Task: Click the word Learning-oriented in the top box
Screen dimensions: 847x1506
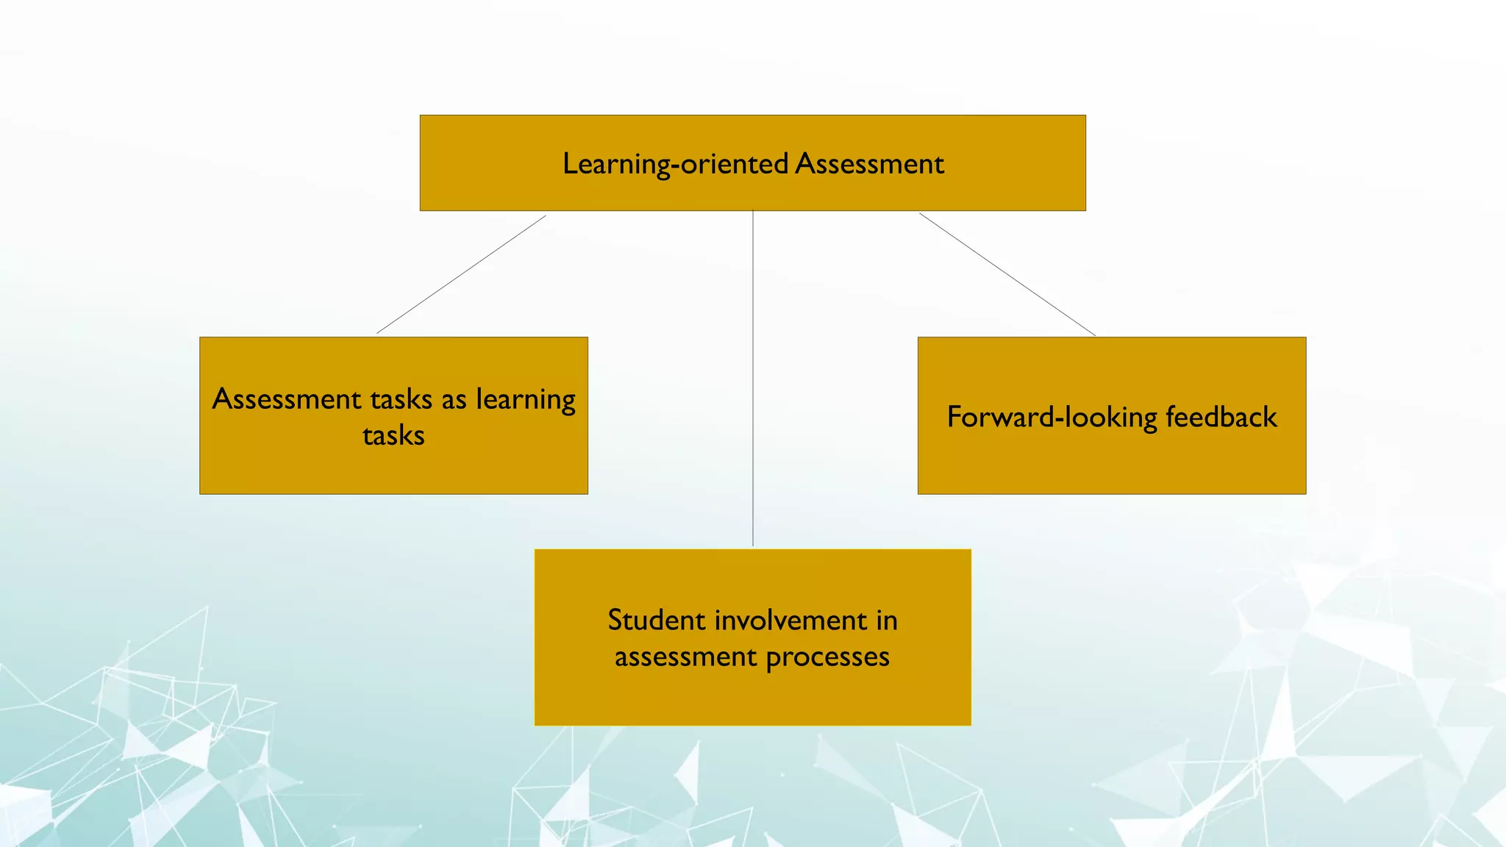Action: (675, 164)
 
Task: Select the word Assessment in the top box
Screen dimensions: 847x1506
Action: (869, 164)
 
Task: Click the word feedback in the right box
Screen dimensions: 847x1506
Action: (1221, 418)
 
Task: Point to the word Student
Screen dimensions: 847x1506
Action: (657, 621)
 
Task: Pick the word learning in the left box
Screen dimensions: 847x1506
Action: (526, 400)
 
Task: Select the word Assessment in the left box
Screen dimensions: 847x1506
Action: (287, 399)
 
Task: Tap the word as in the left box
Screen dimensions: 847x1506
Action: (454, 400)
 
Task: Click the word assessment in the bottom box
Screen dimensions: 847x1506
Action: (685, 657)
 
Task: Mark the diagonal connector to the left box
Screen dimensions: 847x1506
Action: (461, 274)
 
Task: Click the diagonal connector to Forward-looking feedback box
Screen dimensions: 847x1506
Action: (1007, 274)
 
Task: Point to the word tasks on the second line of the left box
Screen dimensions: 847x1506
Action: (393, 436)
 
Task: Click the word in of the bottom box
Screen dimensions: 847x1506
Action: (886, 621)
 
